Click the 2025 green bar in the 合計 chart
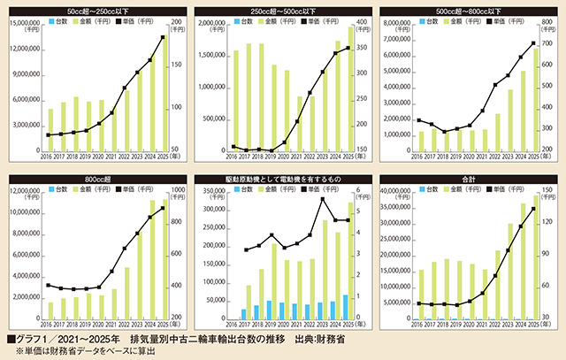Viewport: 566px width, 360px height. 533,260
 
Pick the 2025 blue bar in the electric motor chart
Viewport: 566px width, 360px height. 347,307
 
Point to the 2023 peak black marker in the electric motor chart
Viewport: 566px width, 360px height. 321,199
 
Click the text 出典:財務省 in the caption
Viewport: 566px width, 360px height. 320,338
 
